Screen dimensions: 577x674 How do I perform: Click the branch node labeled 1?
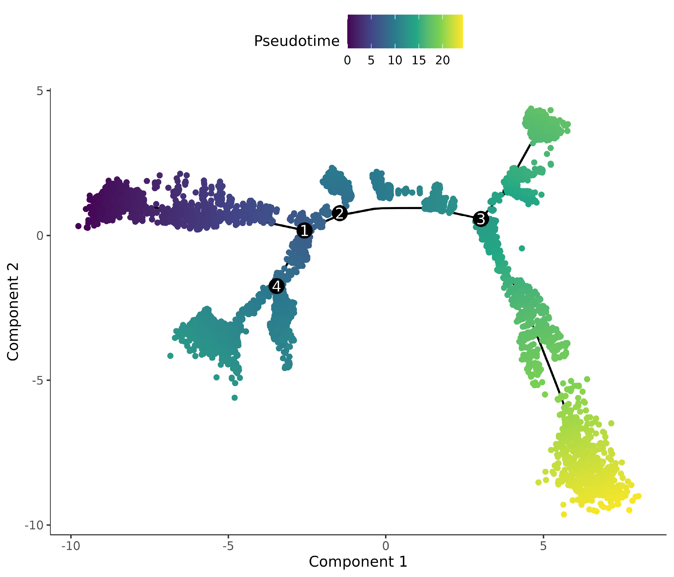click(304, 230)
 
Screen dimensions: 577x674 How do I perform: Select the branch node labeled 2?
click(340, 213)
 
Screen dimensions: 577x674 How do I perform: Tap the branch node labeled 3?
click(481, 219)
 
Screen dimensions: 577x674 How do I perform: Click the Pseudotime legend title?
click(296, 41)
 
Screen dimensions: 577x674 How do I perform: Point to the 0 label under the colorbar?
click(347, 60)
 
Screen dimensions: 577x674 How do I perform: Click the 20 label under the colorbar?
click(442, 60)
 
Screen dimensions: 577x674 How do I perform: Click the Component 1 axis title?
click(358, 562)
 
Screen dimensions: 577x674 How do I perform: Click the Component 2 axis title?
click(13, 312)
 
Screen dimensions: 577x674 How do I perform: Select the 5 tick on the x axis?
click(543, 546)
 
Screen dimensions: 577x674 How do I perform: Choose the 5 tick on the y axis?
click(40, 91)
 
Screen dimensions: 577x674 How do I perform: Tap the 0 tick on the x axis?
click(386, 546)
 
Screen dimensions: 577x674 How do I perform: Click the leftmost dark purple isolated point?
click(78, 226)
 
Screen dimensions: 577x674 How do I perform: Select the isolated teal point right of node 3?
click(522, 248)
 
